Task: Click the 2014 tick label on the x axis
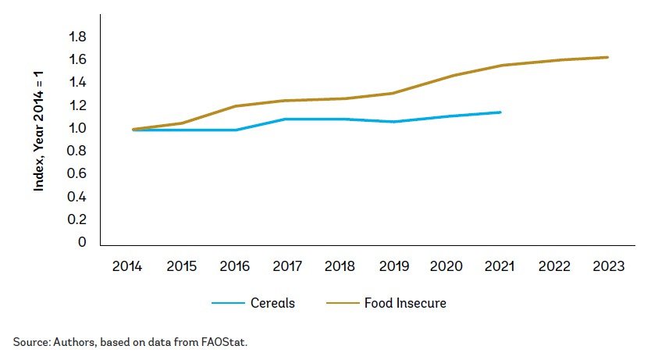coord(126,267)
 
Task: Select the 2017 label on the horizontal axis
coord(288,267)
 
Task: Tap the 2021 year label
coord(500,267)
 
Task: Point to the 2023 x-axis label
coord(608,267)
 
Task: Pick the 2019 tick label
coord(395,267)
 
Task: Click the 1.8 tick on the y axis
coord(77,37)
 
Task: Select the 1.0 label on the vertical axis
coord(77,128)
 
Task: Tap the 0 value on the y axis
coord(82,242)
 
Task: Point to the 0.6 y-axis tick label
coord(77,173)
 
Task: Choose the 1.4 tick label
coord(77,83)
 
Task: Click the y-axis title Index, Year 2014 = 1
coord(38,130)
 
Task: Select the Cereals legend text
coord(272,303)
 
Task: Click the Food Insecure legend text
coord(405,303)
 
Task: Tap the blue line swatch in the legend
coord(227,303)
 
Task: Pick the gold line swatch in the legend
coord(339,303)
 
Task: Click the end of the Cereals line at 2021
coord(500,112)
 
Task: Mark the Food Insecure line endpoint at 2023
coord(607,57)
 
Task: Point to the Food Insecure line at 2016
coord(235,106)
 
